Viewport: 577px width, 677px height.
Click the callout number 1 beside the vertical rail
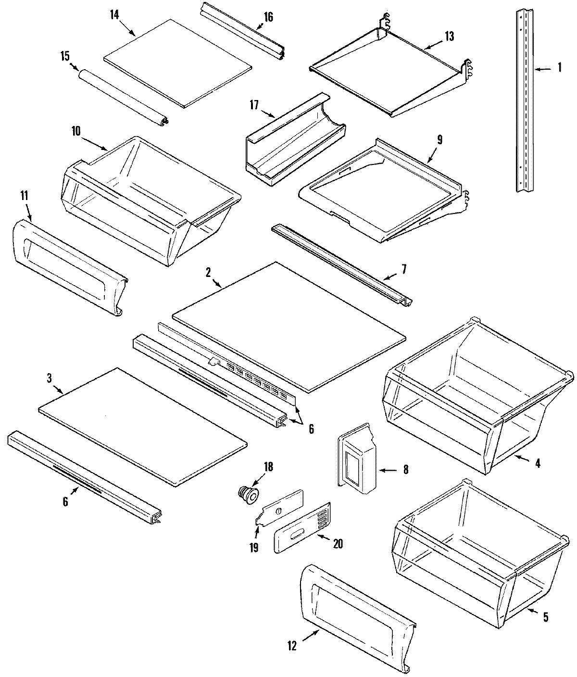(x=559, y=68)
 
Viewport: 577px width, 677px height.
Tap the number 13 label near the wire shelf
(x=449, y=36)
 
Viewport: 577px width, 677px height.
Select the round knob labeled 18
(x=248, y=495)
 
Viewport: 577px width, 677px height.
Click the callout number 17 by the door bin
(x=254, y=104)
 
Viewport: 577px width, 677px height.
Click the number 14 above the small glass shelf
(x=114, y=14)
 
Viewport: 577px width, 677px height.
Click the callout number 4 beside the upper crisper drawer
(x=538, y=464)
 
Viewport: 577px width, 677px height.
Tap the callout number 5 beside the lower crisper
(x=545, y=617)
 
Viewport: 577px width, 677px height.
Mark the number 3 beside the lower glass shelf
(x=50, y=378)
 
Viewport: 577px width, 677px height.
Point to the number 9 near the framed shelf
(x=440, y=140)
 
